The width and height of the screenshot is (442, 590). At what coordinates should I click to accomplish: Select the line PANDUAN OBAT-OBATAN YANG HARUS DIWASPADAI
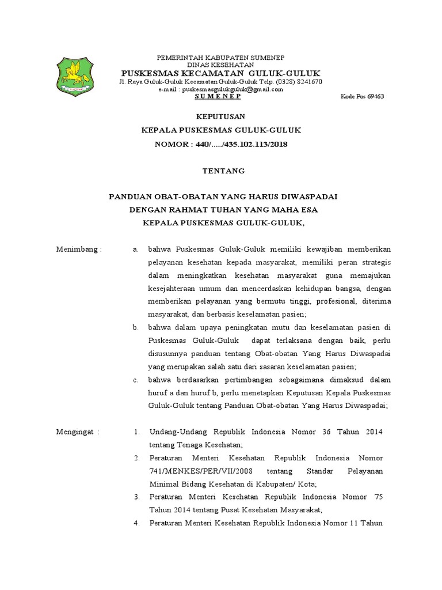223,196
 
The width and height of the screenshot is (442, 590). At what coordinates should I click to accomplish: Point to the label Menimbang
78,249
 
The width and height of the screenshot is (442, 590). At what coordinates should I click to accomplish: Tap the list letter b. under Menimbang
135,327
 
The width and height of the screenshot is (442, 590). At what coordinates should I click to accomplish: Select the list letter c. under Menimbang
135,380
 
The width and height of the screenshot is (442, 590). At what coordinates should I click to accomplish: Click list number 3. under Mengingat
137,497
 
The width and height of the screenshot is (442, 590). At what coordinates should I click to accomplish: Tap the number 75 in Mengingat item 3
378,497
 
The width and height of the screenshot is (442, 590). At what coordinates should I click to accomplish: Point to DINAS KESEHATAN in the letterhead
222,65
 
